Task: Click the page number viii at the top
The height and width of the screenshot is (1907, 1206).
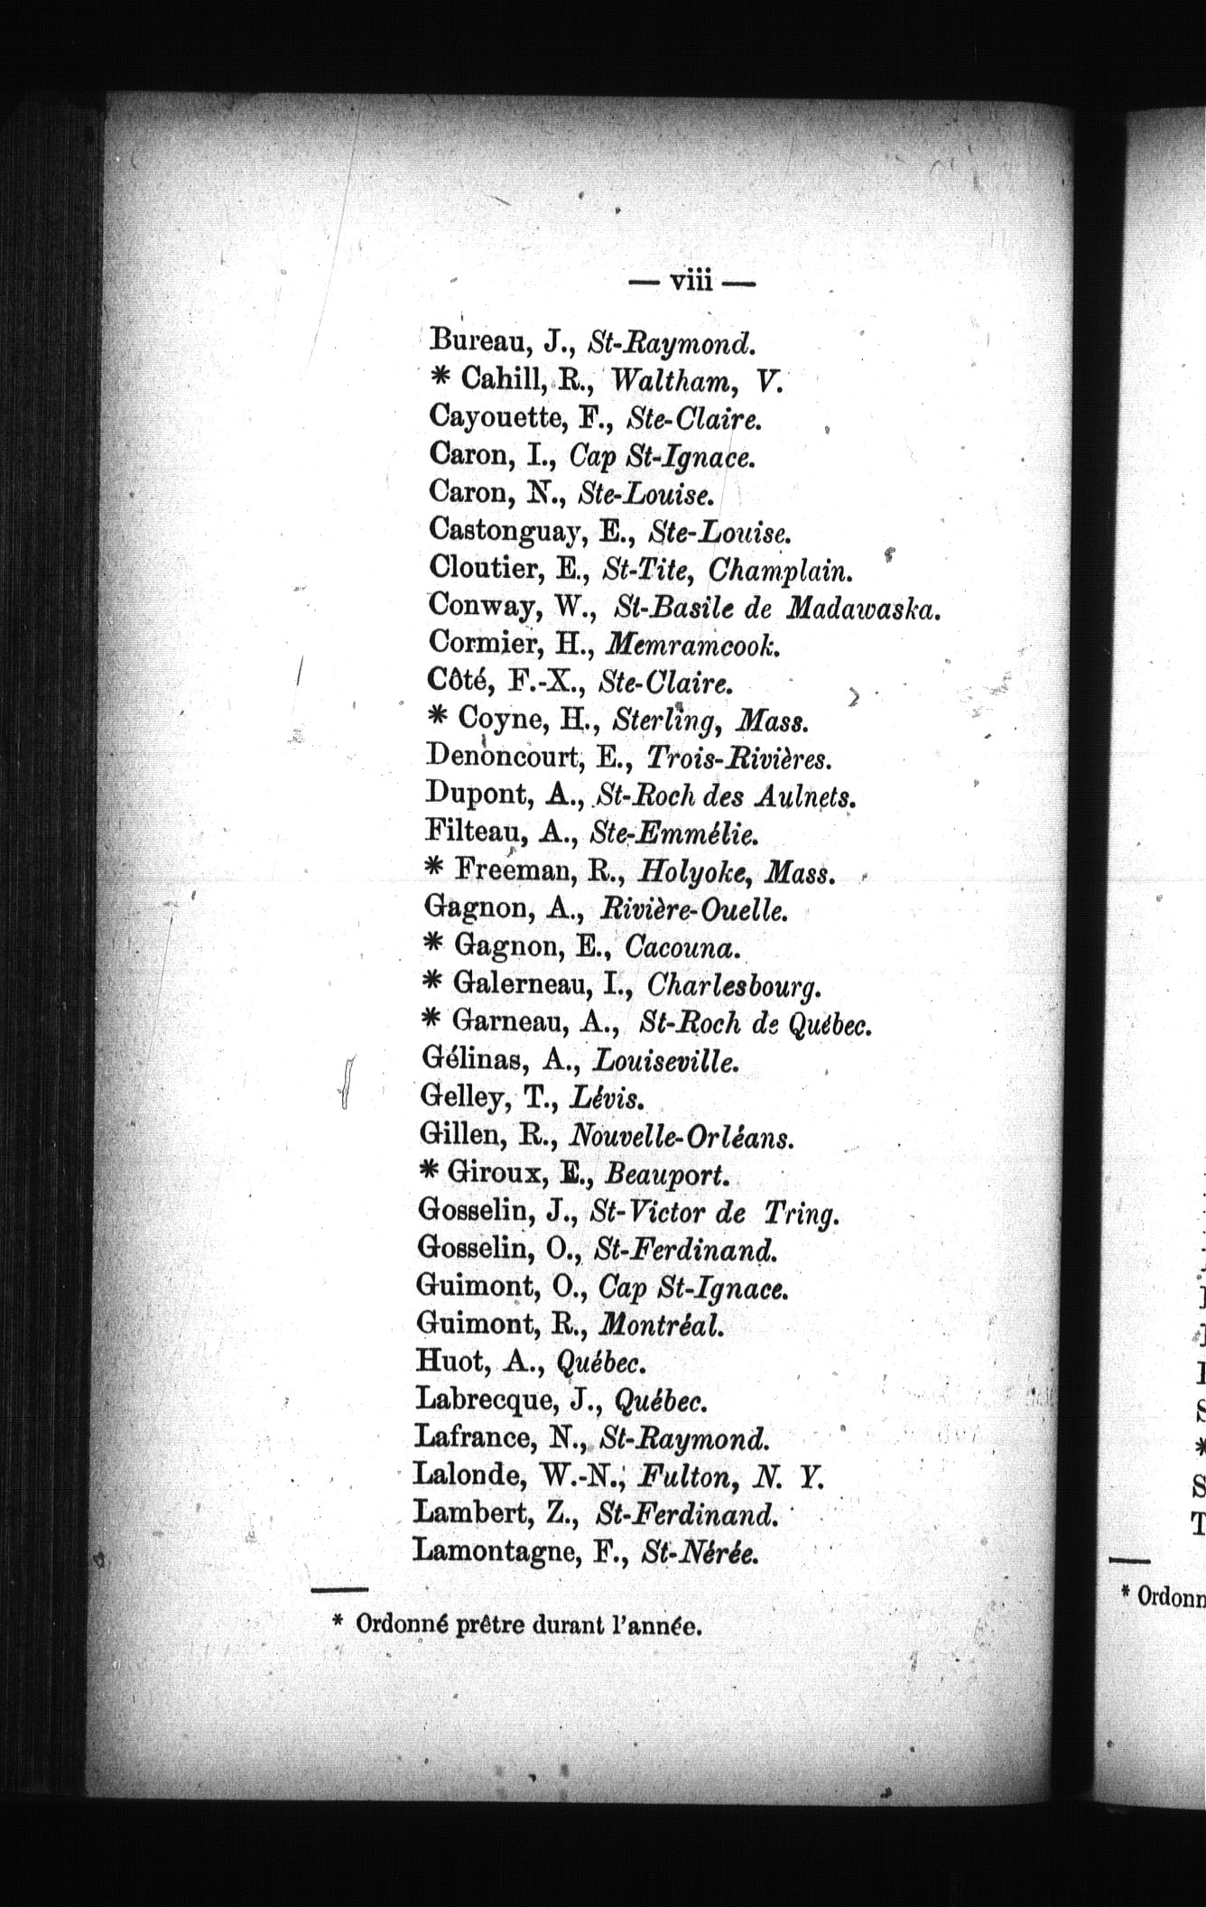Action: coord(691,283)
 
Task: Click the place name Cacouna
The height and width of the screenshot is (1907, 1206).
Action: coord(682,946)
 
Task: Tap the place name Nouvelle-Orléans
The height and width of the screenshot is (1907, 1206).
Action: coord(683,1136)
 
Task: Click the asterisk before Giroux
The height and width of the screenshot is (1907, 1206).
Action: coord(431,1171)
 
